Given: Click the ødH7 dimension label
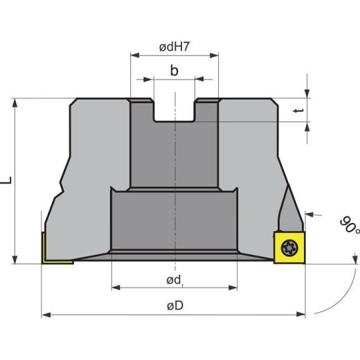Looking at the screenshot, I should coord(174,47).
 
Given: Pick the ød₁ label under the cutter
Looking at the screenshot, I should coord(174,280).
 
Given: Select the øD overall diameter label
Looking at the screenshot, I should coord(174,305).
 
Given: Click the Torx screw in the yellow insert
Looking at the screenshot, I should coord(288,246).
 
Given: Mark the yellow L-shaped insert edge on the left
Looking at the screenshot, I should coord(43,249).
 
